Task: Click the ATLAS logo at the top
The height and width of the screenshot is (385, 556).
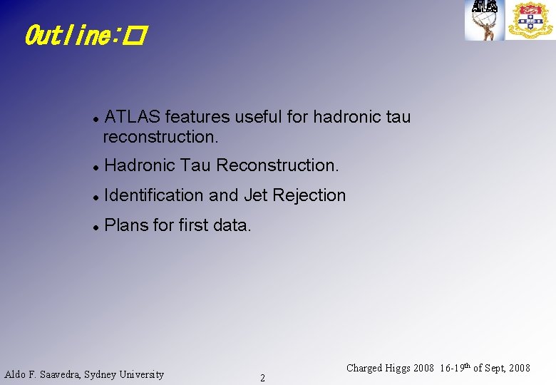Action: coord(485,19)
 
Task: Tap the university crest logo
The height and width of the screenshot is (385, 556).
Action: coord(530,19)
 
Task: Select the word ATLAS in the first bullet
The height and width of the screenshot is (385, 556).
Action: coord(133,117)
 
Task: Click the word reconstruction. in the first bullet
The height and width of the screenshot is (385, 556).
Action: coord(160,135)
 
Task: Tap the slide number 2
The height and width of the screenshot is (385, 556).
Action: coord(262,378)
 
